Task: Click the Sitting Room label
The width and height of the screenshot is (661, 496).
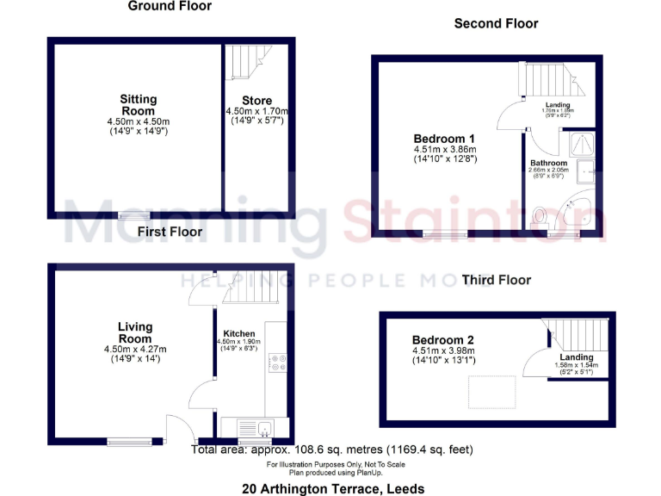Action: [x=138, y=105]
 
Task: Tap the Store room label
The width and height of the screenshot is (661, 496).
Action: [x=256, y=102]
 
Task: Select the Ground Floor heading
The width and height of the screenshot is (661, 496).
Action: [x=170, y=6]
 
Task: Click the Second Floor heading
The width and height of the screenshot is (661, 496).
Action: [x=496, y=24]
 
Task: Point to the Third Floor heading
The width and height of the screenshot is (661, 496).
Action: [x=496, y=280]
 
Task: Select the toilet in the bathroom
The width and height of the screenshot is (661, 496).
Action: [x=541, y=214]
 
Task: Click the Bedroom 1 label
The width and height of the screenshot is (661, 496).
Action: [x=444, y=139]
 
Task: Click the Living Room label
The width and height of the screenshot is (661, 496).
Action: [x=135, y=332]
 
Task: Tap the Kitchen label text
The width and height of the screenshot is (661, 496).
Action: [x=238, y=333]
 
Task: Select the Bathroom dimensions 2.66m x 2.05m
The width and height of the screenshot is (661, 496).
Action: [x=548, y=170]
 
